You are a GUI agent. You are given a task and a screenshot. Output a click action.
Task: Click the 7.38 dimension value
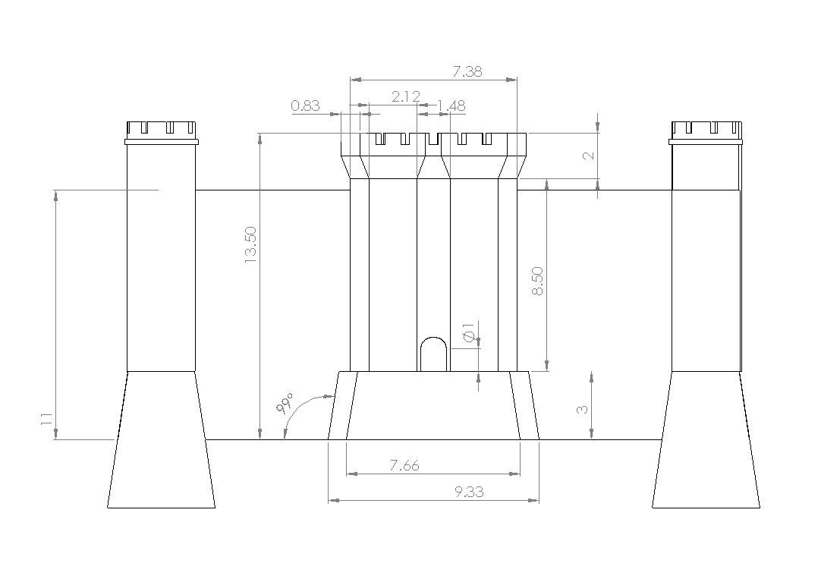468,72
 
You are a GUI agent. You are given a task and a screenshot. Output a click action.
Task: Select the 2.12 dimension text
406,96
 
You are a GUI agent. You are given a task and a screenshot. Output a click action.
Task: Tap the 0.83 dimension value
305,105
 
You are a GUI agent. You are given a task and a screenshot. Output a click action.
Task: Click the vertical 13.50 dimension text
250,245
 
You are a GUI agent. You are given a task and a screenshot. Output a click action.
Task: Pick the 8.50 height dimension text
538,281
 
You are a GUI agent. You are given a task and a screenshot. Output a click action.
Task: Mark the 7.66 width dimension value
404,465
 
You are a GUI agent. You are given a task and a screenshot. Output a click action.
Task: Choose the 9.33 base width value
469,492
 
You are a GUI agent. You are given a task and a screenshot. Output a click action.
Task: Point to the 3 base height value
583,409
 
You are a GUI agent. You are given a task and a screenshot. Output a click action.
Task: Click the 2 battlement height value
588,156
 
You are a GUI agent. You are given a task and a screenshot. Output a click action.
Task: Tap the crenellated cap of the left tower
160,131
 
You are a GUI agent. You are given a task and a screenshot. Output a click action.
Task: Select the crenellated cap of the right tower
705,131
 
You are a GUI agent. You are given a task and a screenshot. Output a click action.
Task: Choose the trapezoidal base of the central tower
433,406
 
